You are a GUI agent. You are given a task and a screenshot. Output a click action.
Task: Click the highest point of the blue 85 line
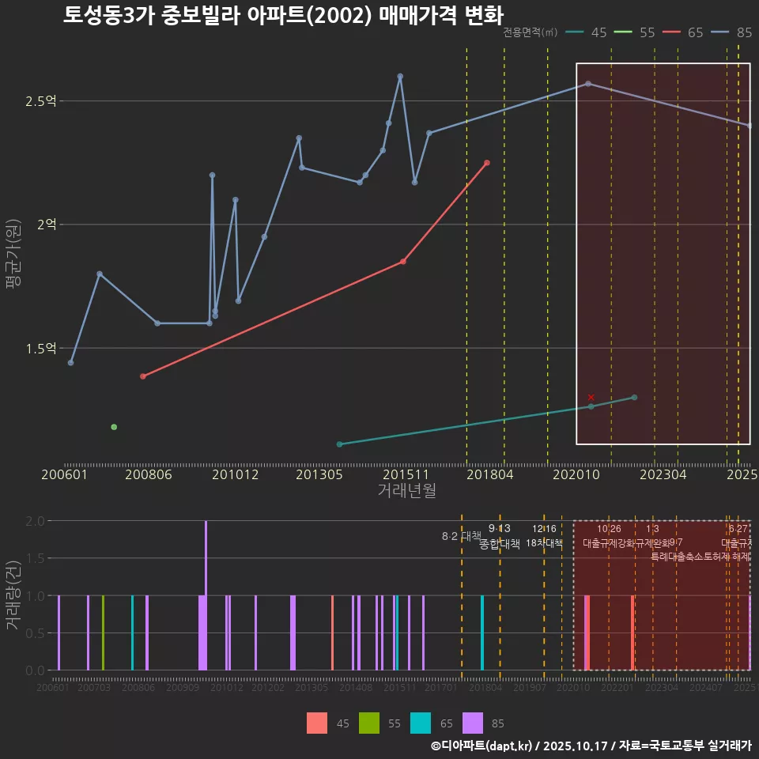tap(400, 76)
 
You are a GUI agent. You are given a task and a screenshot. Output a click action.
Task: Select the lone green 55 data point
tap(114, 427)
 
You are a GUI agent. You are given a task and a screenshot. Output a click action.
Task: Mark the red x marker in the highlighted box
tap(591, 397)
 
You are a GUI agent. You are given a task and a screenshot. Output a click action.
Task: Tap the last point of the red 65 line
tap(487, 163)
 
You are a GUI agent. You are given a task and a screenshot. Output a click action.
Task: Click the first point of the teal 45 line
tap(339, 444)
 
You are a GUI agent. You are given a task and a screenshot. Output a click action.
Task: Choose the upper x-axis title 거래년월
tap(406, 490)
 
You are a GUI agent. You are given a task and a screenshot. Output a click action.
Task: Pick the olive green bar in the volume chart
tap(103, 632)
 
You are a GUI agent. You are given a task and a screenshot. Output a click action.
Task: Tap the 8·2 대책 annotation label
tap(461, 536)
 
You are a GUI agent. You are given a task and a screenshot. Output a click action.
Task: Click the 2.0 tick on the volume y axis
tap(35, 521)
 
